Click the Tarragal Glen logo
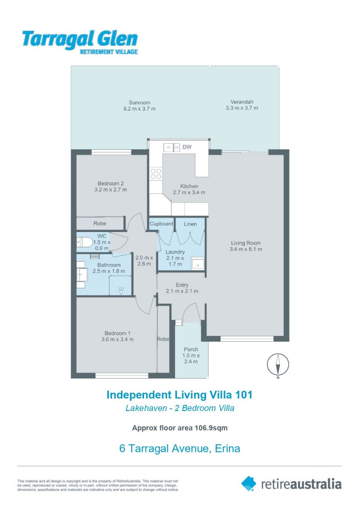tap(80, 42)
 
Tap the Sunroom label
tap(139, 103)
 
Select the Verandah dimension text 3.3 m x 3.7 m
tap(242, 108)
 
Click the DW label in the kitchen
tap(187, 147)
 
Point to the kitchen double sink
tap(171, 147)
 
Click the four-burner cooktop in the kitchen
tap(156, 174)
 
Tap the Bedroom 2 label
tap(110, 183)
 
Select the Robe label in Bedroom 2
tap(100, 223)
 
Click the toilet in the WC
tap(84, 242)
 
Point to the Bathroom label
tap(109, 265)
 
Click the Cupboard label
tap(161, 223)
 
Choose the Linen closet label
tap(190, 224)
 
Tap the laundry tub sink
tap(198, 263)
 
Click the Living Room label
tap(246, 243)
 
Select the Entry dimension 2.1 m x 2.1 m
tap(182, 291)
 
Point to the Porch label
tap(191, 349)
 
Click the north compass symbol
tap(278, 365)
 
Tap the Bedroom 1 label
tap(117, 333)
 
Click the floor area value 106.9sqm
tap(211, 428)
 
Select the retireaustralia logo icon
tap(249, 484)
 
